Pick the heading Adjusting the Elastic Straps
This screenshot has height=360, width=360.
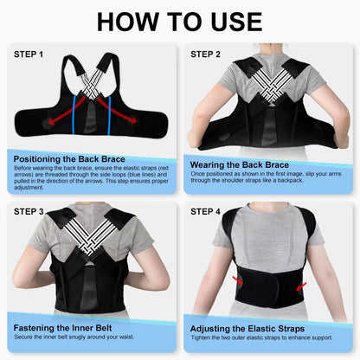(x=250, y=328)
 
